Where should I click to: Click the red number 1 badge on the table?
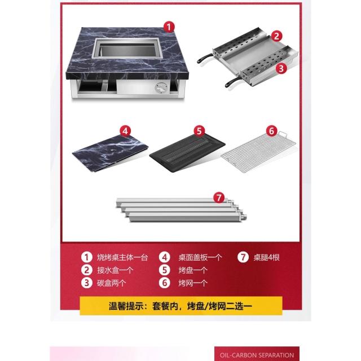tap(169, 27)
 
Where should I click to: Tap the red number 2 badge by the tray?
tap(276, 36)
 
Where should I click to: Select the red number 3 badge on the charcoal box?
tap(281, 68)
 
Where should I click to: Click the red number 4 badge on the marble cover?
tap(125, 131)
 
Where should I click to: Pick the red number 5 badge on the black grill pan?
tap(199, 131)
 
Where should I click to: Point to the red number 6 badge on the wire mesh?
tap(272, 131)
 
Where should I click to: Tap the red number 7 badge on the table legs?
tap(219, 197)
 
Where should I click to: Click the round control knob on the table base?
tap(161, 88)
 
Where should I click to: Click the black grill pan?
tap(187, 153)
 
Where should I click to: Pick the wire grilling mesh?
tap(258, 152)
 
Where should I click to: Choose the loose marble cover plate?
tap(111, 153)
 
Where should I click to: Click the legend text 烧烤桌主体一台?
tap(122, 257)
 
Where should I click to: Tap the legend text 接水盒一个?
tap(115, 270)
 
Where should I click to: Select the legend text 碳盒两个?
tap(111, 283)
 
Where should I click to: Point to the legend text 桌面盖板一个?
tap(200, 257)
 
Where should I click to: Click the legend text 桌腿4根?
tap(266, 257)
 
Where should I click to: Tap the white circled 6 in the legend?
tap(165, 283)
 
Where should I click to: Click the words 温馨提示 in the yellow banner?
tap(126, 306)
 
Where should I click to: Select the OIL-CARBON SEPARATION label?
tap(257, 355)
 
